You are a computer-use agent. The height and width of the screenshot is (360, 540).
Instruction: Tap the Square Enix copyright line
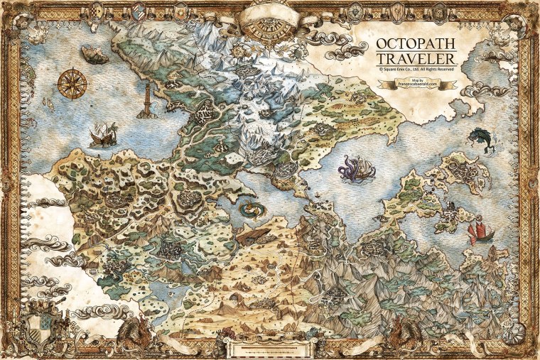tap(416, 70)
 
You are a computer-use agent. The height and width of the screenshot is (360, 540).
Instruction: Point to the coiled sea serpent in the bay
tap(251, 210)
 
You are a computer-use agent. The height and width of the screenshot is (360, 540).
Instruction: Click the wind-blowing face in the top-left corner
tap(21, 21)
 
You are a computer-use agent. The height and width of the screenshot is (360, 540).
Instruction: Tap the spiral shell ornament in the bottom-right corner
tap(513, 334)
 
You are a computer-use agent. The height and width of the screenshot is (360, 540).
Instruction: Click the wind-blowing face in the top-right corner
tap(519, 21)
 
